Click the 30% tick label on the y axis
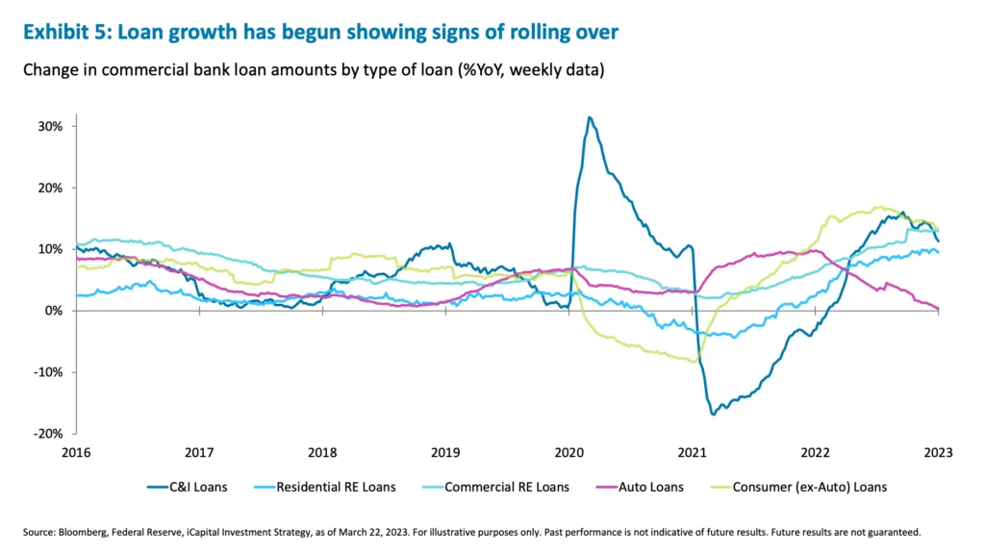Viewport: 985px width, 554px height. [x=51, y=126]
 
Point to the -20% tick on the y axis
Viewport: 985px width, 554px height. [x=49, y=434]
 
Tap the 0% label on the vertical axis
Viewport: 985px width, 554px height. [x=54, y=311]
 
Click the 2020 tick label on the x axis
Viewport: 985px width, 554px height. [x=568, y=451]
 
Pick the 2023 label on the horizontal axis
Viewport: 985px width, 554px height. [x=938, y=451]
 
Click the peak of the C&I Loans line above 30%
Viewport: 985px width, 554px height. [x=590, y=117]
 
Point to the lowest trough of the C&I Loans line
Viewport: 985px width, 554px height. [x=714, y=414]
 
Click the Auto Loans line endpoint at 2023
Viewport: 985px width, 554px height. [x=938, y=309]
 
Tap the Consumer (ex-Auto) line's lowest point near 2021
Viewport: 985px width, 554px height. [x=694, y=362]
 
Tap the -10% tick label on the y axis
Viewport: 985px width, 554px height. [x=49, y=372]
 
